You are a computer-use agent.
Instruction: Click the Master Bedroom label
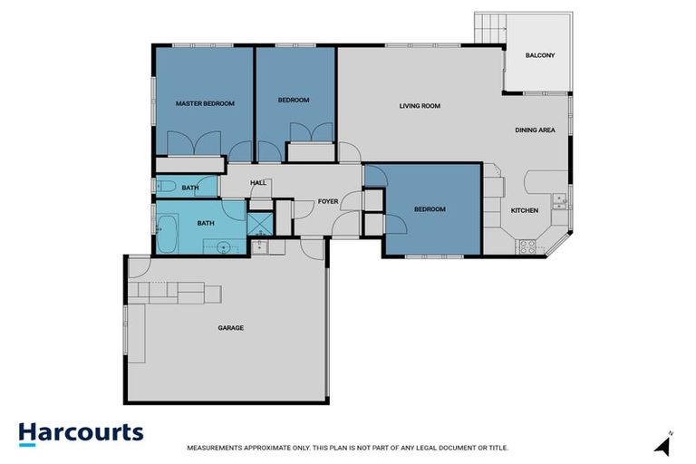pyautogui.click(x=204, y=103)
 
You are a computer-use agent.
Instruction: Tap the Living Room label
pyautogui.click(x=420, y=106)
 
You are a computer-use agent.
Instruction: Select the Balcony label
pyautogui.click(x=540, y=56)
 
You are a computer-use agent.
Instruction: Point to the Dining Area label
pyautogui.click(x=535, y=130)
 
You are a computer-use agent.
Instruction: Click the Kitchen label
pyautogui.click(x=524, y=210)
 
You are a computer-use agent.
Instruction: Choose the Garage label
pyautogui.click(x=230, y=327)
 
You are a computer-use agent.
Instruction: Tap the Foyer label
pyautogui.click(x=327, y=202)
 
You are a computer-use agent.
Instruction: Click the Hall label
pyautogui.click(x=258, y=183)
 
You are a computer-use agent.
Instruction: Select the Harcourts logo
pyautogui.click(x=81, y=432)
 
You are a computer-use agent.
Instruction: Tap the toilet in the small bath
pyautogui.click(x=165, y=188)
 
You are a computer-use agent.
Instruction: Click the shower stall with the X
pyautogui.click(x=259, y=223)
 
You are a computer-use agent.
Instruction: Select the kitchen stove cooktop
pyautogui.click(x=526, y=245)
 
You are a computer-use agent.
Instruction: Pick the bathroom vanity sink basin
pyautogui.click(x=223, y=245)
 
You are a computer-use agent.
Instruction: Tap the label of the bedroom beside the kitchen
pyautogui.click(x=430, y=209)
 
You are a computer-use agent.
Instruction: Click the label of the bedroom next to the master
pyautogui.click(x=294, y=100)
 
